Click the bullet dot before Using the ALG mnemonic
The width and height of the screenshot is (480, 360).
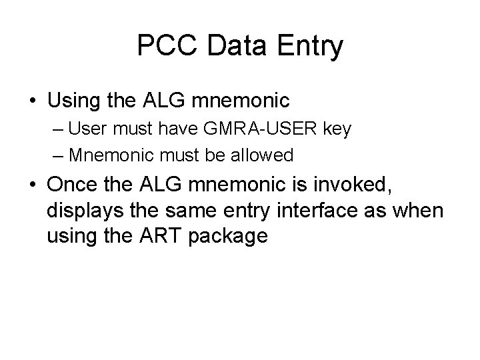pyautogui.click(x=32, y=101)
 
